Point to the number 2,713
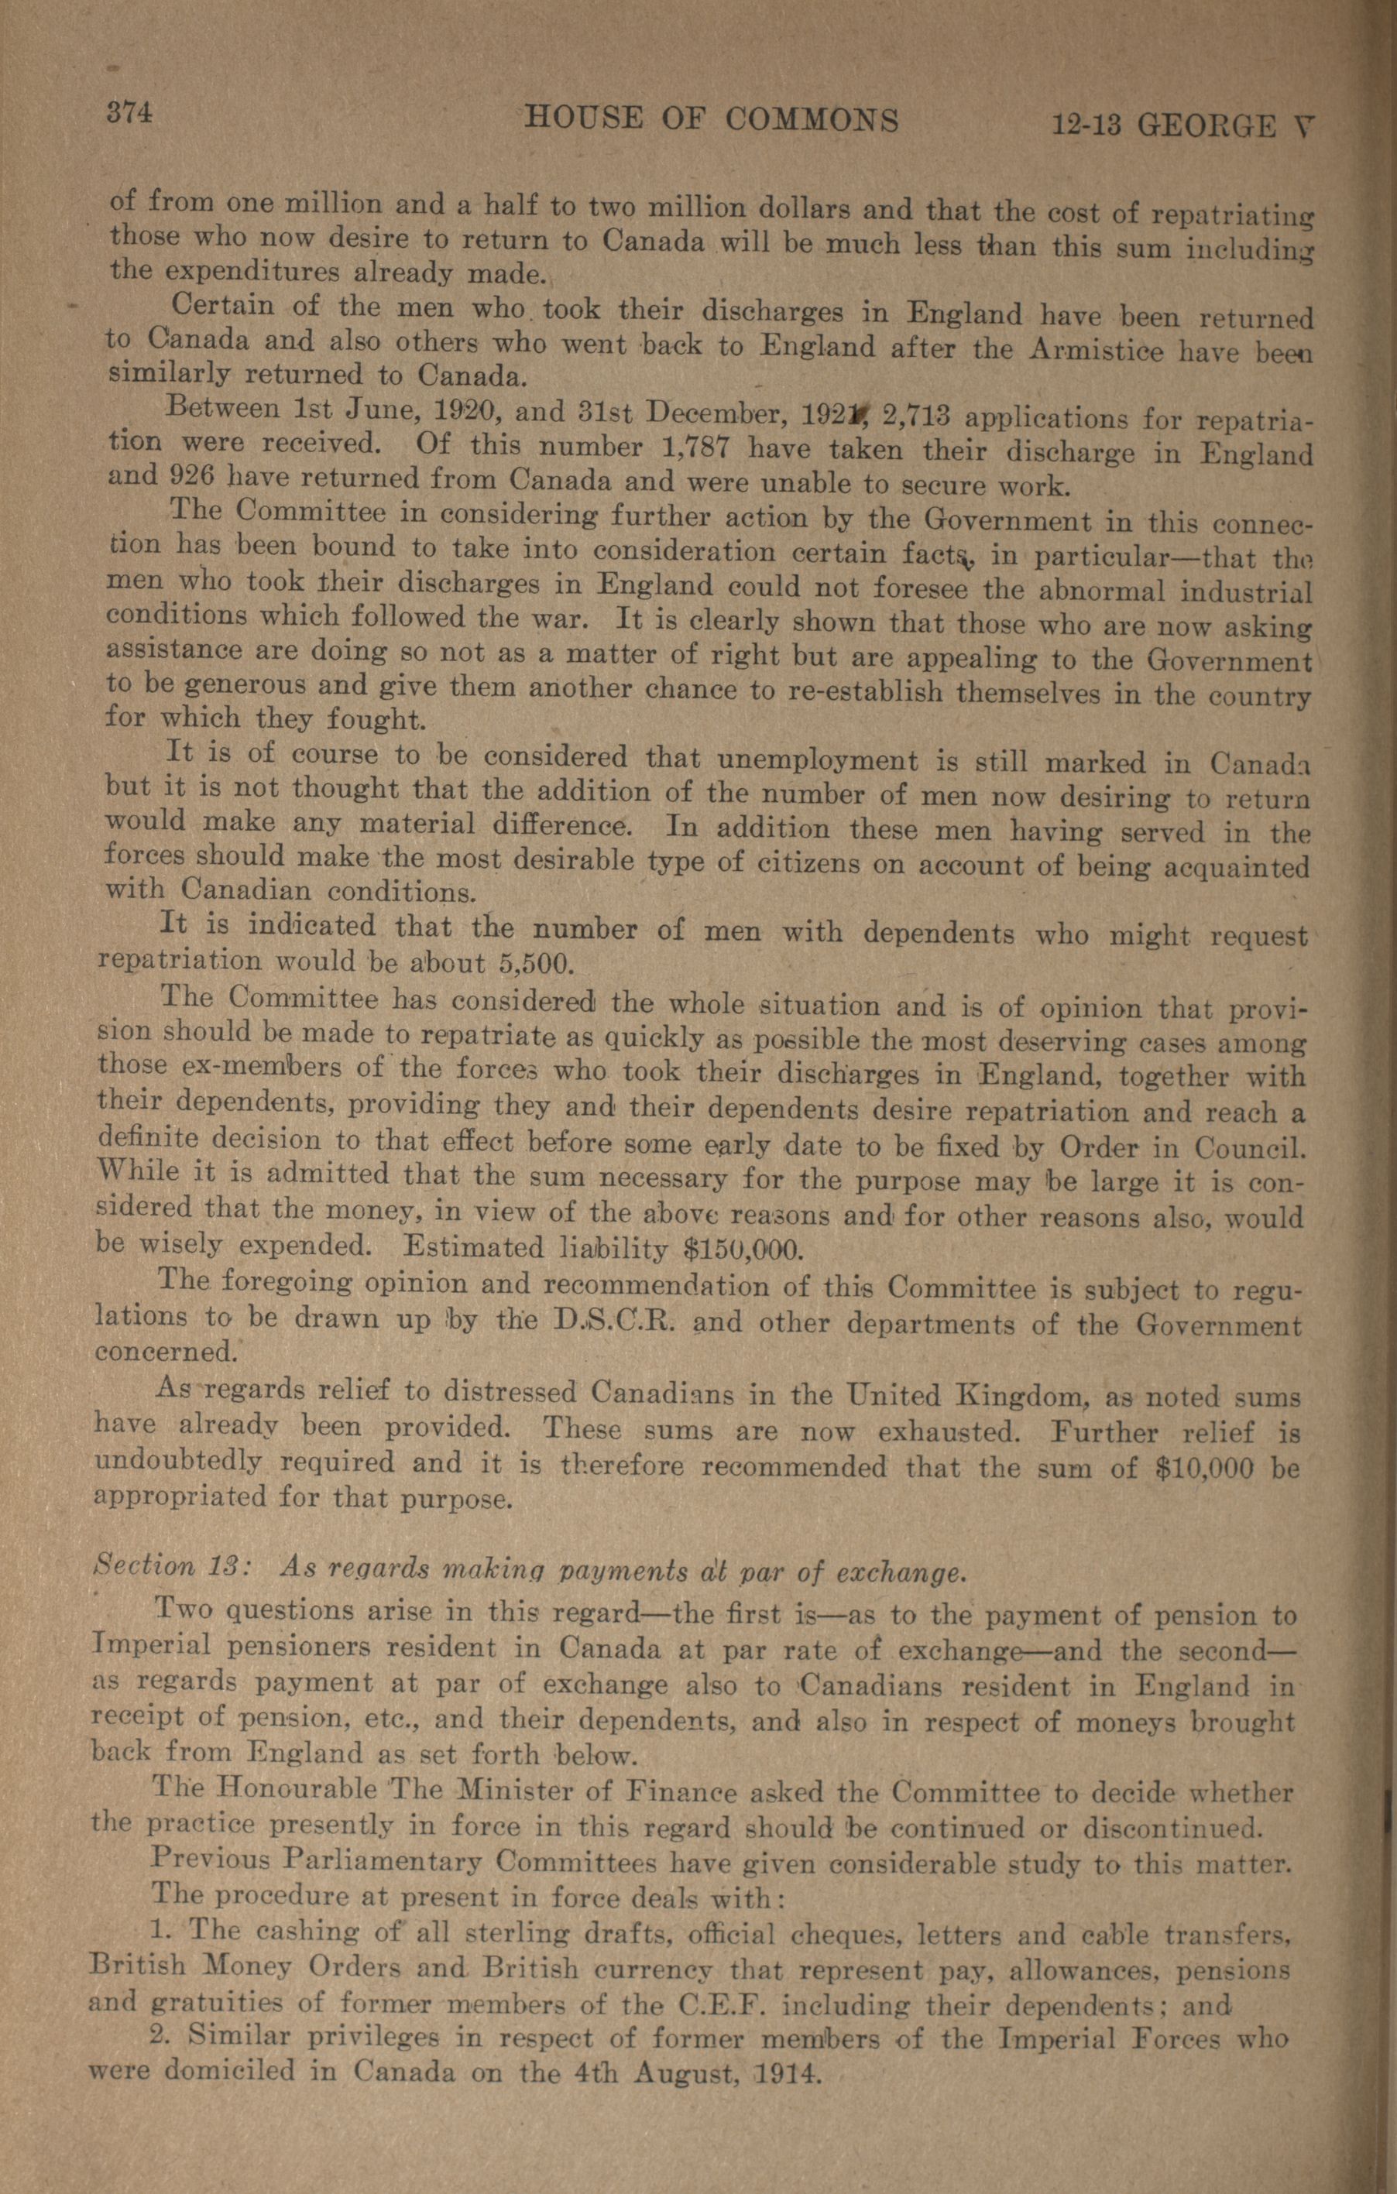pyautogui.click(x=917, y=416)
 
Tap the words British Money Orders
pyautogui.click(x=247, y=1969)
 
